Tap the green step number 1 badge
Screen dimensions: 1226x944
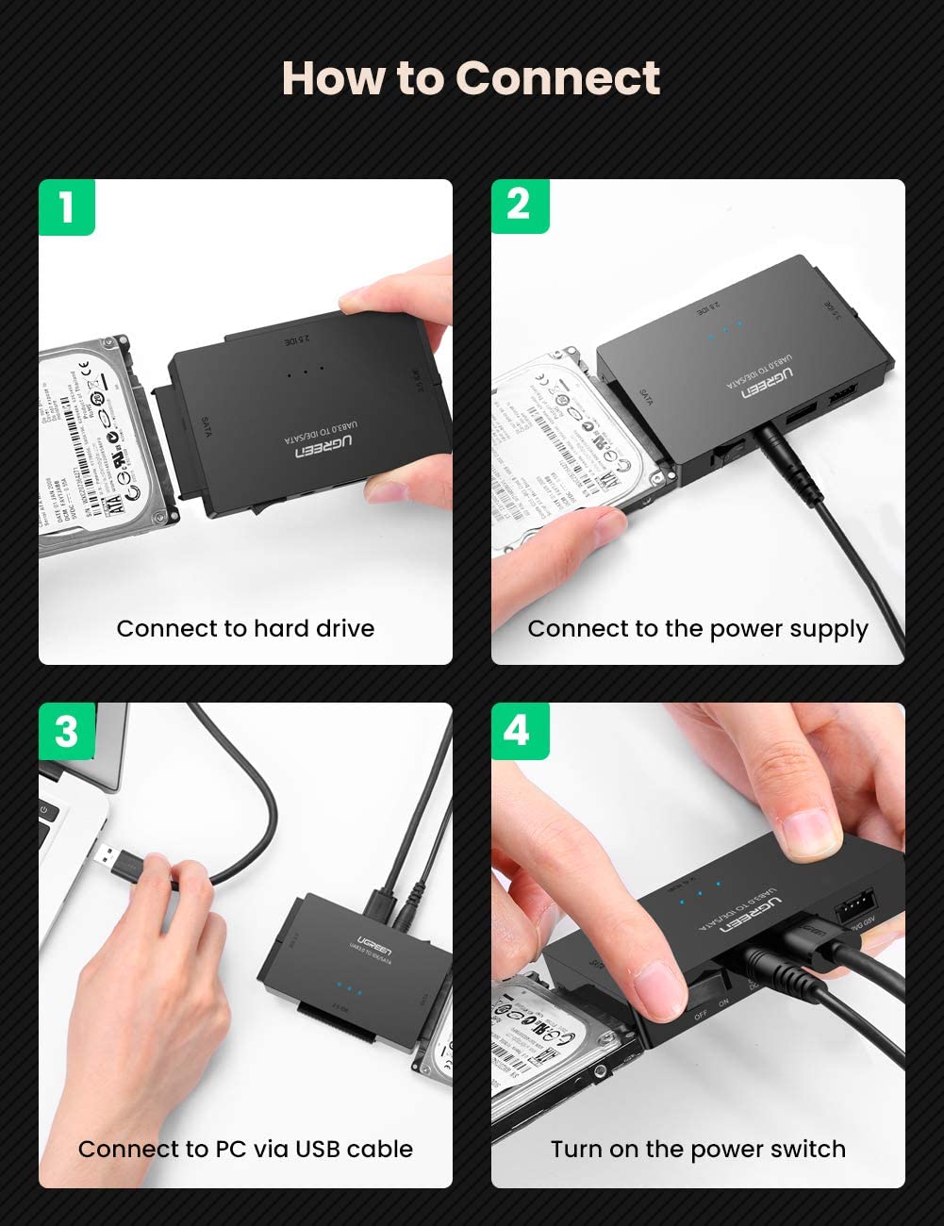(x=66, y=207)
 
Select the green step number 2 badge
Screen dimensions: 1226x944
(x=519, y=205)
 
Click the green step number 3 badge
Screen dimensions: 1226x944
(x=66, y=731)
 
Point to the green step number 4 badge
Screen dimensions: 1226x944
(x=518, y=730)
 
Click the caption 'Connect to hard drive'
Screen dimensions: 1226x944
(x=245, y=629)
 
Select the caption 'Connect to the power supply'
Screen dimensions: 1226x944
(x=698, y=629)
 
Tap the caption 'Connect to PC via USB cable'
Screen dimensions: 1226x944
(x=245, y=1150)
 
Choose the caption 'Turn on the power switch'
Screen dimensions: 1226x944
(x=698, y=1150)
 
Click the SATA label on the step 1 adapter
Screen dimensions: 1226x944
(x=206, y=426)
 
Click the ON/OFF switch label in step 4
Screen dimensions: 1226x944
(x=712, y=1009)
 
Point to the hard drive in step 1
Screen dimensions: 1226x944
(x=99, y=443)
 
